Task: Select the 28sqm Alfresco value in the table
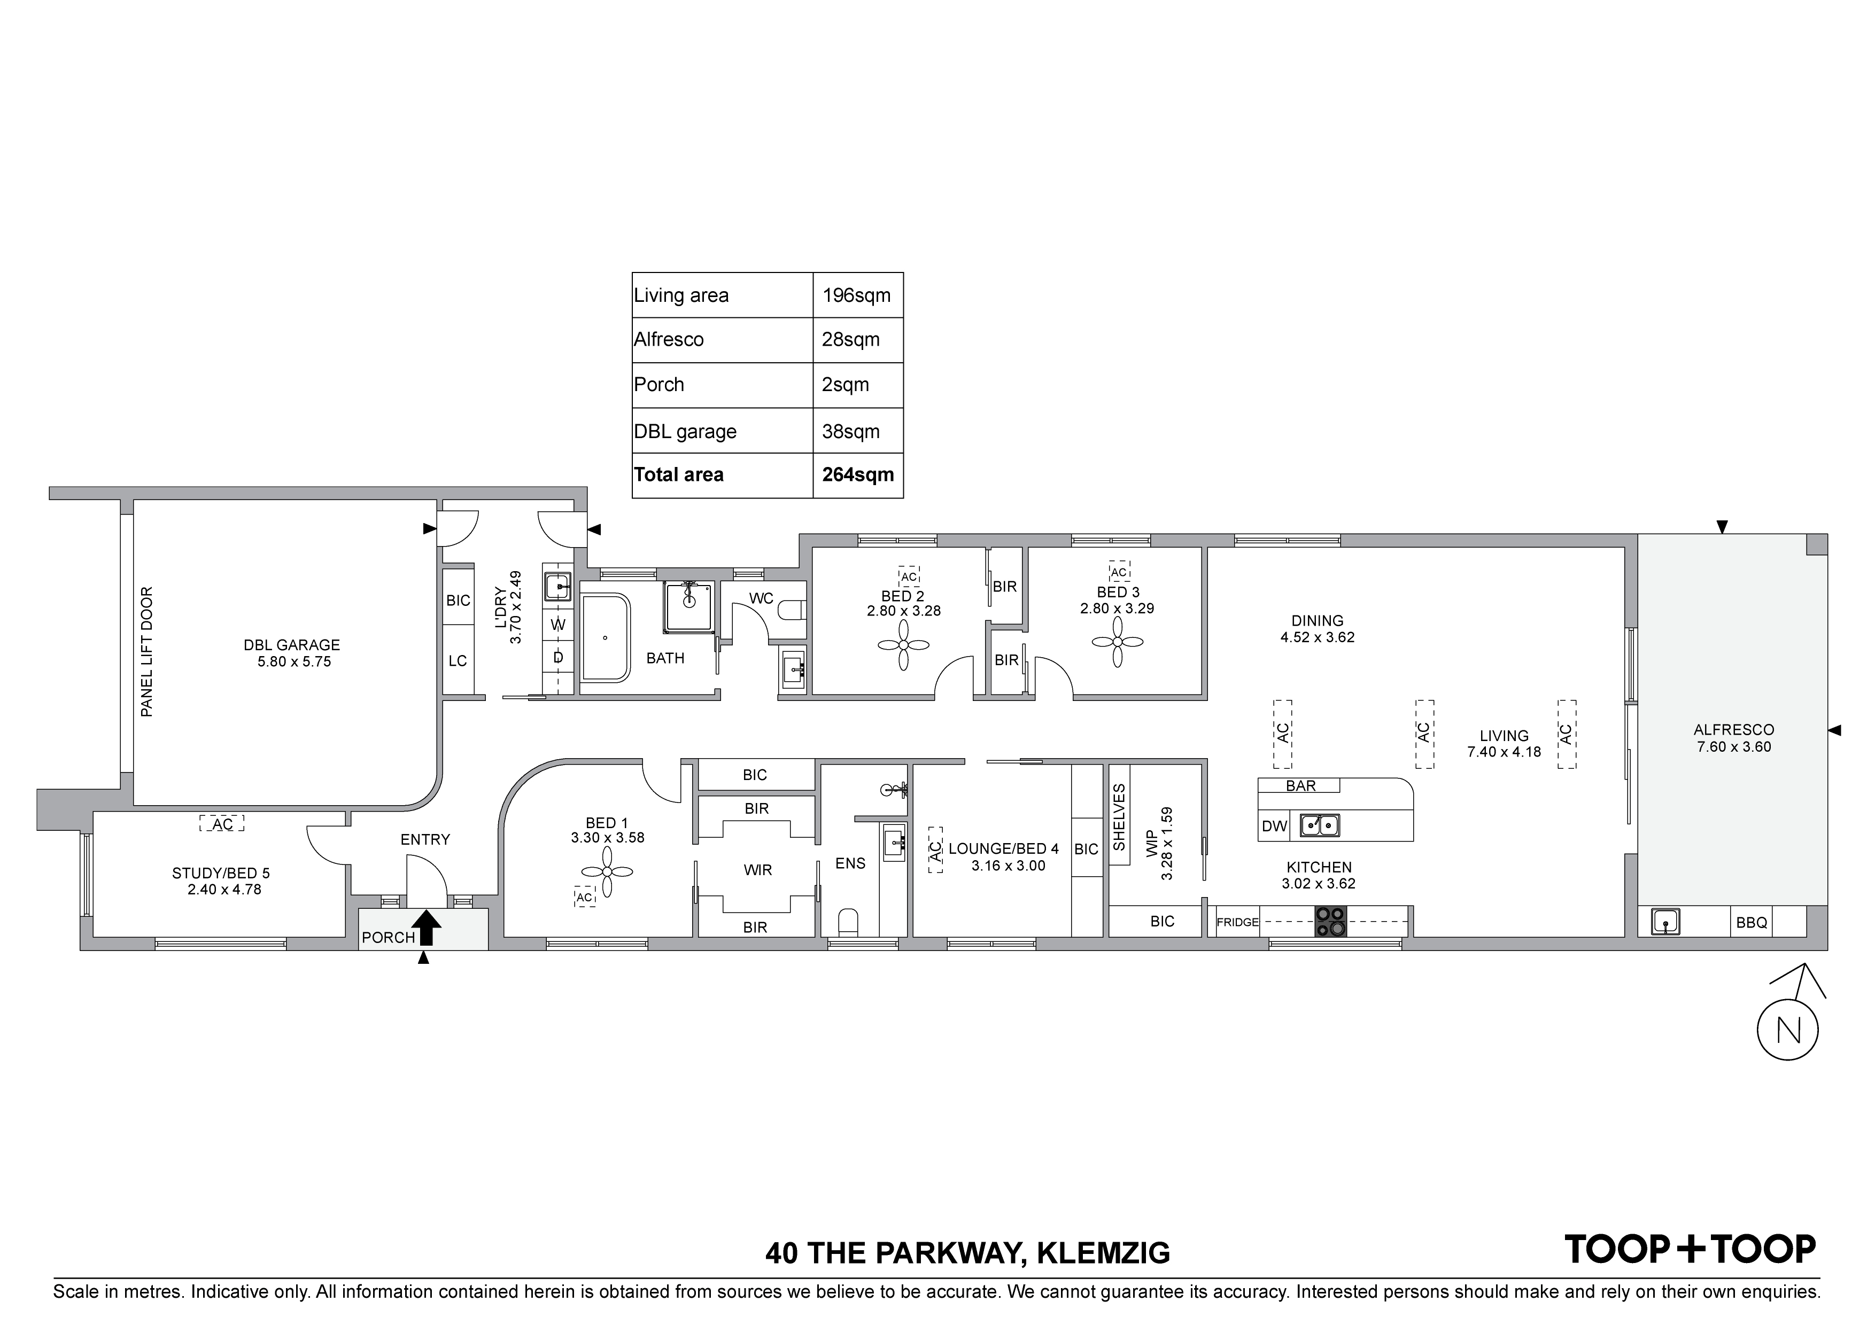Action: pos(851,340)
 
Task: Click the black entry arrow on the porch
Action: pos(427,928)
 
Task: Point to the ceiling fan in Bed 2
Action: pos(903,645)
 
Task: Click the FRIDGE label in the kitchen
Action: pos(1237,923)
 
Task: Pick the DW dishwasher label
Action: pos(1274,826)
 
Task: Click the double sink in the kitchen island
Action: pos(1320,825)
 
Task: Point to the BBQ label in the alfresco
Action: pos(1752,923)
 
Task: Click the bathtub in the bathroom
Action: pos(605,637)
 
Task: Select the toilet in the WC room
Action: pos(792,610)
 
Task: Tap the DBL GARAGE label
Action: pos(291,645)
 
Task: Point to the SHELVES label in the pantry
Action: pos(1119,817)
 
